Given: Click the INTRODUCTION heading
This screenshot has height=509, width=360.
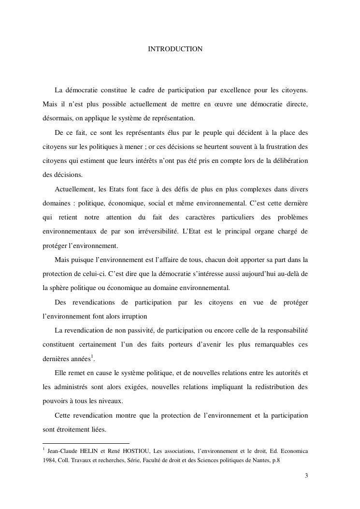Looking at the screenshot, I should point(175,49).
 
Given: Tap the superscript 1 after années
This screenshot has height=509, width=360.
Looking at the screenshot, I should point(92,357).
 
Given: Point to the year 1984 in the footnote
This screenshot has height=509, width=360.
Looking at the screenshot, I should point(49,460).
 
